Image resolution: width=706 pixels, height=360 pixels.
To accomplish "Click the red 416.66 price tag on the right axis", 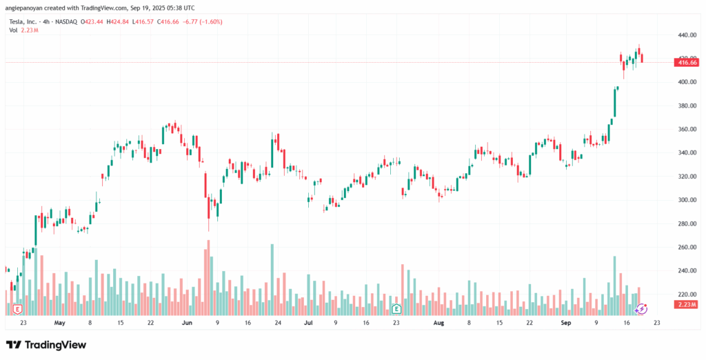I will [x=687, y=62].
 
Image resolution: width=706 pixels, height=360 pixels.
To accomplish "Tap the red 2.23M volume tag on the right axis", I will [x=687, y=304].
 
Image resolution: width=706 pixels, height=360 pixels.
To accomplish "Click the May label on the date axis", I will [x=59, y=322].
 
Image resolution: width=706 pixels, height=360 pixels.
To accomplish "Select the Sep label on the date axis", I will [x=566, y=322].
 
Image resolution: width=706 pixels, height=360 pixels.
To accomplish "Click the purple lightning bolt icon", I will [x=641, y=309].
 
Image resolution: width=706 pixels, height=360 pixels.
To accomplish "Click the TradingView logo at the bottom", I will [x=46, y=344].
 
